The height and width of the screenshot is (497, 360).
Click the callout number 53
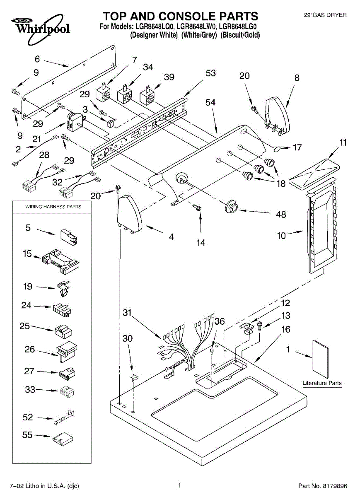coord(210,73)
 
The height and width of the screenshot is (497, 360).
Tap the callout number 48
coord(281,215)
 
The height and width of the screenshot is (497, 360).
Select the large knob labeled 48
coord(231,206)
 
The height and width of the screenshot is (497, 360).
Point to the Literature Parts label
coord(322,383)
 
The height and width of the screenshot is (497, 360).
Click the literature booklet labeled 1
coord(321,359)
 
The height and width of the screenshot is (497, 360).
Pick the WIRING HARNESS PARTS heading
coord(53,207)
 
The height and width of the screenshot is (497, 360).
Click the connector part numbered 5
coord(69,237)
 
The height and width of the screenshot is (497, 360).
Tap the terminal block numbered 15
coord(60,261)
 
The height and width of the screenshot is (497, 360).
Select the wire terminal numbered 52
coord(64,417)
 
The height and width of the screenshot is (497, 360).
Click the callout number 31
coord(127,313)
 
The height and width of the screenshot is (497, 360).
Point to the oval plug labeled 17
coord(277,149)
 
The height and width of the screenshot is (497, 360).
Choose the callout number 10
coord(281,235)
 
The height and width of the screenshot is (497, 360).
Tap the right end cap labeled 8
coord(278,116)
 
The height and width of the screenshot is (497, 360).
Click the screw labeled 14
coord(197,207)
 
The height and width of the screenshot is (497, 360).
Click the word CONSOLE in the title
coord(188,16)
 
